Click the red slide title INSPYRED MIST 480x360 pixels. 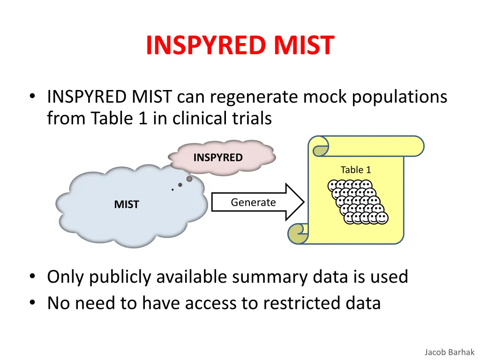(x=240, y=45)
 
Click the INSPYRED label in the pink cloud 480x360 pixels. (x=218, y=158)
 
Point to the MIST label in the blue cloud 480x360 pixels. (x=127, y=205)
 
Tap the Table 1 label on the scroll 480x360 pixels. (x=356, y=170)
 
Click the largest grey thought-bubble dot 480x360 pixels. (x=189, y=179)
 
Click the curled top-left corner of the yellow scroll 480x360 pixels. (x=321, y=150)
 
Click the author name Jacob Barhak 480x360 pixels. (x=450, y=352)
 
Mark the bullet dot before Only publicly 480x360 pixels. (x=33, y=277)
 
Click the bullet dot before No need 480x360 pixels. (x=33, y=303)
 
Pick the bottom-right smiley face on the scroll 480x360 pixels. (x=382, y=218)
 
